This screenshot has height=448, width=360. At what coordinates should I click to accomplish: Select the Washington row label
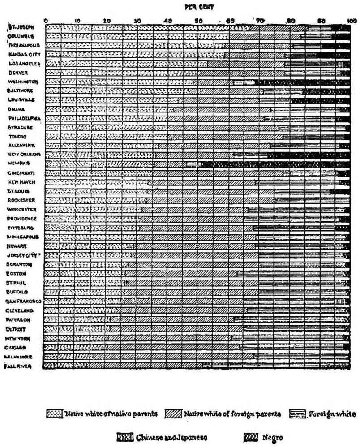click(x=25, y=82)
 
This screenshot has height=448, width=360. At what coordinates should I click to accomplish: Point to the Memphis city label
click(x=21, y=164)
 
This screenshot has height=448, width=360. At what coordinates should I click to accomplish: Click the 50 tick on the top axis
click(x=199, y=21)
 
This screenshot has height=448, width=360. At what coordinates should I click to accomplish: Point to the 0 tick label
click(x=47, y=21)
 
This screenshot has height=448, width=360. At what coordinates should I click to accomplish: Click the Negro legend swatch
click(x=250, y=435)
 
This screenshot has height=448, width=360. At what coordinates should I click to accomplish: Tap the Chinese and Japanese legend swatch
click(x=125, y=435)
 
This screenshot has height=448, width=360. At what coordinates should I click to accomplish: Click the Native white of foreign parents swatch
click(x=174, y=413)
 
